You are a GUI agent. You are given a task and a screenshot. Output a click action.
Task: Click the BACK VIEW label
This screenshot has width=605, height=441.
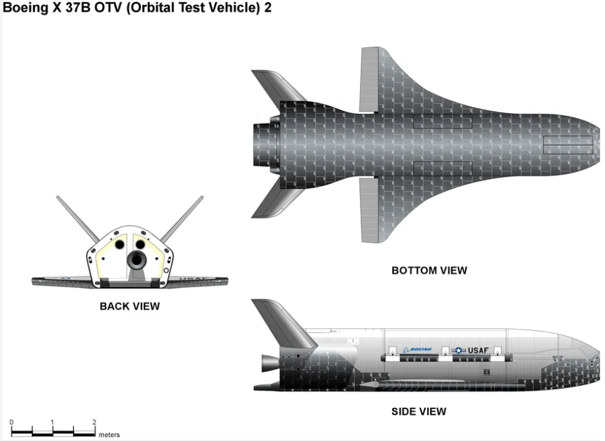(130, 307)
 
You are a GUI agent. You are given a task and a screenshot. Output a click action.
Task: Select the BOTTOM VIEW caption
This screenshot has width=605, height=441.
(429, 271)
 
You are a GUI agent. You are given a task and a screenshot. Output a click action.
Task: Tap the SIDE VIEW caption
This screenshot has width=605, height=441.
(418, 411)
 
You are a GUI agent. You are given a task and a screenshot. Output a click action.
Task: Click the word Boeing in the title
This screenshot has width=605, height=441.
(26, 9)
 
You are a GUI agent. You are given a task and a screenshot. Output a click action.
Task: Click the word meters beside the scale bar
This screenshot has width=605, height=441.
(109, 435)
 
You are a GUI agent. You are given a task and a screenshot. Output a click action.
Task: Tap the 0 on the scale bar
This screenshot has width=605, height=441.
(12, 422)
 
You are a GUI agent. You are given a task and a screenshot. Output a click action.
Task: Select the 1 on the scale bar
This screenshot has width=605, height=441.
(53, 422)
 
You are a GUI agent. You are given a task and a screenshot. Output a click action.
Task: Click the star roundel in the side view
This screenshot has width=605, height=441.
(459, 351)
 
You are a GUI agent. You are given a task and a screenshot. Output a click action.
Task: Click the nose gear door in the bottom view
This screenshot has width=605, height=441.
(567, 145)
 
